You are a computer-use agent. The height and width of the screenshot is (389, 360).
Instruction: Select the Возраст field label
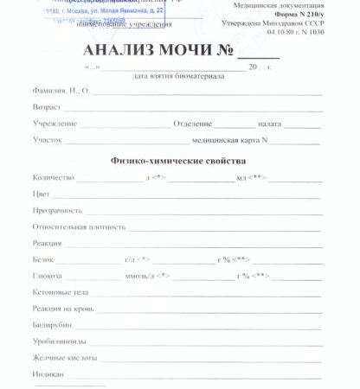pyautogui.click(x=45, y=106)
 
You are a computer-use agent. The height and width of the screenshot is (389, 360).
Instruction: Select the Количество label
pyautogui.click(x=53, y=177)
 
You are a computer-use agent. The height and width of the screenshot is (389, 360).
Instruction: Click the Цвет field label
pyautogui.click(x=41, y=194)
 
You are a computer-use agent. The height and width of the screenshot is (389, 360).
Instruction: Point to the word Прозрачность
pyautogui.click(x=57, y=210)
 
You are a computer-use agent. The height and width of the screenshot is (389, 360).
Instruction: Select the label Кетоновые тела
pyautogui.click(x=60, y=292)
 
